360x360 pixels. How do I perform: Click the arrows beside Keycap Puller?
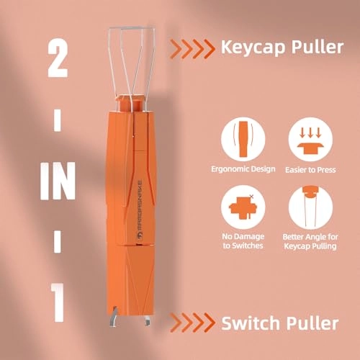[192, 49]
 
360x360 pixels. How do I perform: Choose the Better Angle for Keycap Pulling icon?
[309, 210]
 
